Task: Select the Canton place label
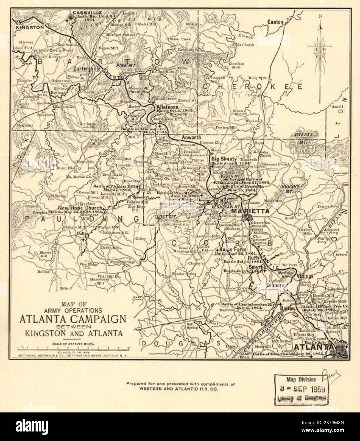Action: point(275,22)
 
